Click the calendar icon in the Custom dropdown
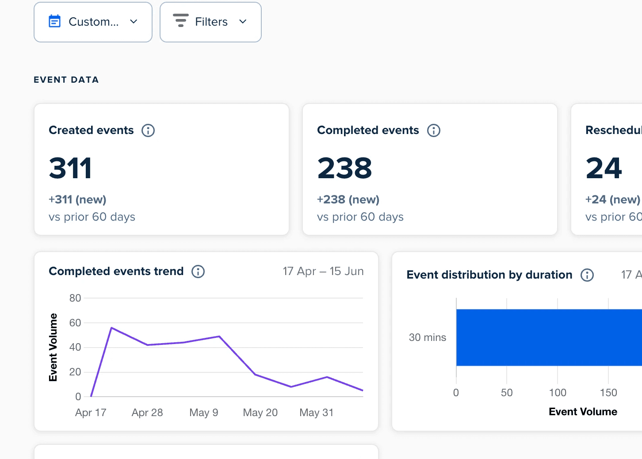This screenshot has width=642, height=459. [54, 21]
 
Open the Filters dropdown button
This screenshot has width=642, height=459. [210, 22]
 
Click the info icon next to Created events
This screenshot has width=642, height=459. [148, 130]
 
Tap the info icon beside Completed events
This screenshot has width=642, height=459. [434, 130]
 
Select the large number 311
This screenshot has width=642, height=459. [70, 168]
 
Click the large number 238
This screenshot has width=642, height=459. [344, 168]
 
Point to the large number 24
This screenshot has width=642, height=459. [604, 168]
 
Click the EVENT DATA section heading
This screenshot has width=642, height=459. [66, 80]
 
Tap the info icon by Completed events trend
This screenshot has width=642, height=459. [198, 271]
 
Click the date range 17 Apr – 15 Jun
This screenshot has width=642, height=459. [323, 271]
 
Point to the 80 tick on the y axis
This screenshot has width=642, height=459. [75, 298]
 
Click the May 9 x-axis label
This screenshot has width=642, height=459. [204, 413]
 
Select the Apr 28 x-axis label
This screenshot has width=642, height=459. [147, 413]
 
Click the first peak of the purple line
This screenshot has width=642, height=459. [111, 328]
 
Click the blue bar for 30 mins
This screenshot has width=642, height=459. [549, 337]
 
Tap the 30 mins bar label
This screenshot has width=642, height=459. [427, 337]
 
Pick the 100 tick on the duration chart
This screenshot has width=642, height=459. [558, 393]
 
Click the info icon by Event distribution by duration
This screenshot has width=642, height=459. [587, 275]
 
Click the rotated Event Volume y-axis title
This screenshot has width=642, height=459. [53, 348]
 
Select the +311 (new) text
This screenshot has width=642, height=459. [77, 199]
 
